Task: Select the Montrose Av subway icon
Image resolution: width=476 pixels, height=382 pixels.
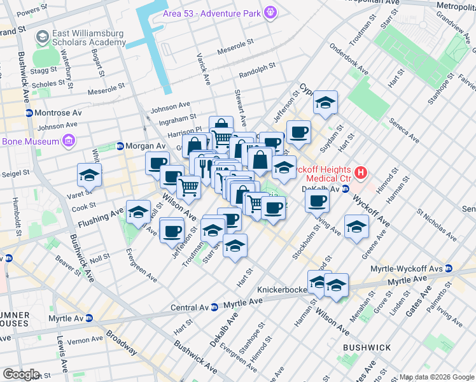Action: (x=29, y=113)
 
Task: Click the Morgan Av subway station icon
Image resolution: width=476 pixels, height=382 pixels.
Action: (x=120, y=146)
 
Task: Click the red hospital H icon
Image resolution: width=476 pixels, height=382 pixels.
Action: (x=361, y=172)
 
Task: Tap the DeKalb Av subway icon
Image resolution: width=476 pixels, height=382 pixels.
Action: (x=346, y=189)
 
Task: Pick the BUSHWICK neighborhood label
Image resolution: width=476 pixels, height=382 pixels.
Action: (x=367, y=348)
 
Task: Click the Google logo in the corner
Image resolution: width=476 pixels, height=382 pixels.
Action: (x=20, y=374)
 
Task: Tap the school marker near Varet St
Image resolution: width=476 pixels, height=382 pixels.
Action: (x=90, y=175)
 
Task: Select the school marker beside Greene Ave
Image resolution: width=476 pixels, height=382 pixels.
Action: (x=356, y=226)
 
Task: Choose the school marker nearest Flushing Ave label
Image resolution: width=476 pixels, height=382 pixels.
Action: (x=138, y=212)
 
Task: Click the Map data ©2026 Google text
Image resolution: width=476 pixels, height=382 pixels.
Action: (x=437, y=376)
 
